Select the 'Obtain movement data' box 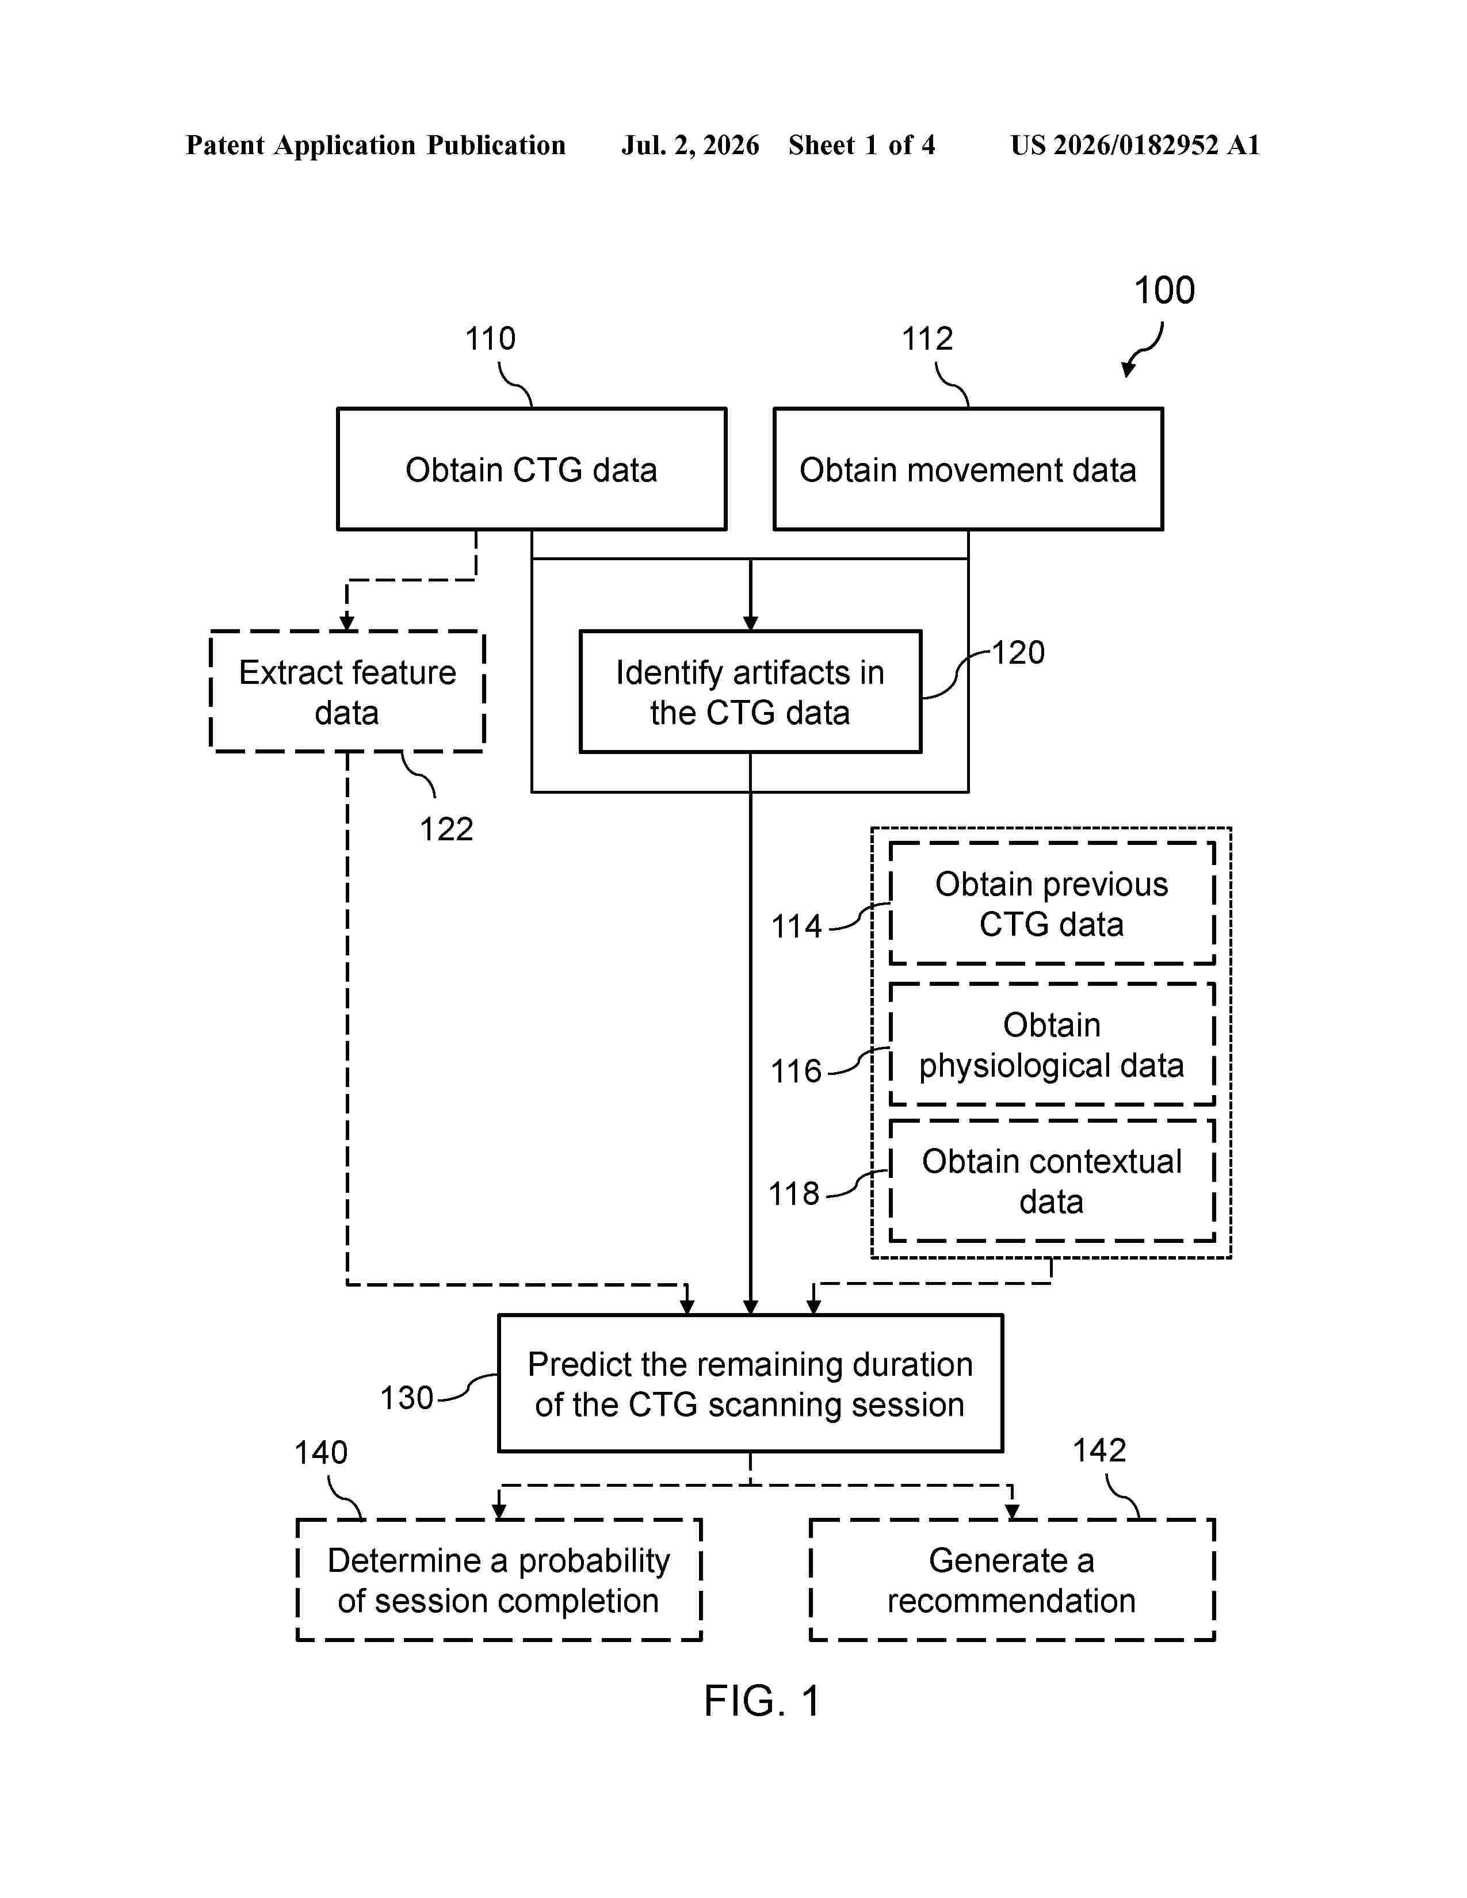click(x=968, y=468)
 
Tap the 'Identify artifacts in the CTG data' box click(x=750, y=692)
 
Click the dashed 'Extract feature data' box click(x=347, y=692)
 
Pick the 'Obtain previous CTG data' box click(x=1052, y=903)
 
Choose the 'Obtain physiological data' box click(x=1052, y=1044)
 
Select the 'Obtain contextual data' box click(x=1052, y=1180)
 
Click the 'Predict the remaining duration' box click(x=750, y=1383)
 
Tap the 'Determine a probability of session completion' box click(x=499, y=1580)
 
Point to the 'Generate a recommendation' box click(x=1011, y=1580)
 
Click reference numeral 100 click(x=1164, y=290)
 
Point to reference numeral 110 click(x=490, y=338)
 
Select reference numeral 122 click(x=446, y=829)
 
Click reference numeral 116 click(x=796, y=1071)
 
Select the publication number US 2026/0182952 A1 click(x=1135, y=145)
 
